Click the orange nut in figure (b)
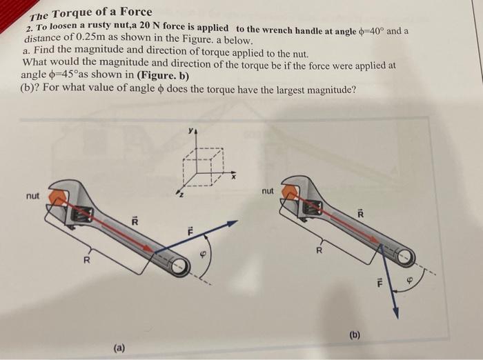(290, 192)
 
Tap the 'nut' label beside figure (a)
(32, 196)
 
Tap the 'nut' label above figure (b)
(268, 191)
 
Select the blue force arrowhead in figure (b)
(397, 312)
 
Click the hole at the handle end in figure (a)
(179, 266)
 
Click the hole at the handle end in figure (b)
(406, 255)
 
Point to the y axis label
(191, 131)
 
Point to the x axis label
(234, 177)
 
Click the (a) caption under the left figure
(119, 348)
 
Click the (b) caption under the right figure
(355, 334)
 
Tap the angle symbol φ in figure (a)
(203, 254)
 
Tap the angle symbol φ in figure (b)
(409, 281)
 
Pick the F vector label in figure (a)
(190, 232)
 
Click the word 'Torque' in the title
(72, 14)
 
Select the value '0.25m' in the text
(90, 37)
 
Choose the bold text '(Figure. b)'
(163, 75)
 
